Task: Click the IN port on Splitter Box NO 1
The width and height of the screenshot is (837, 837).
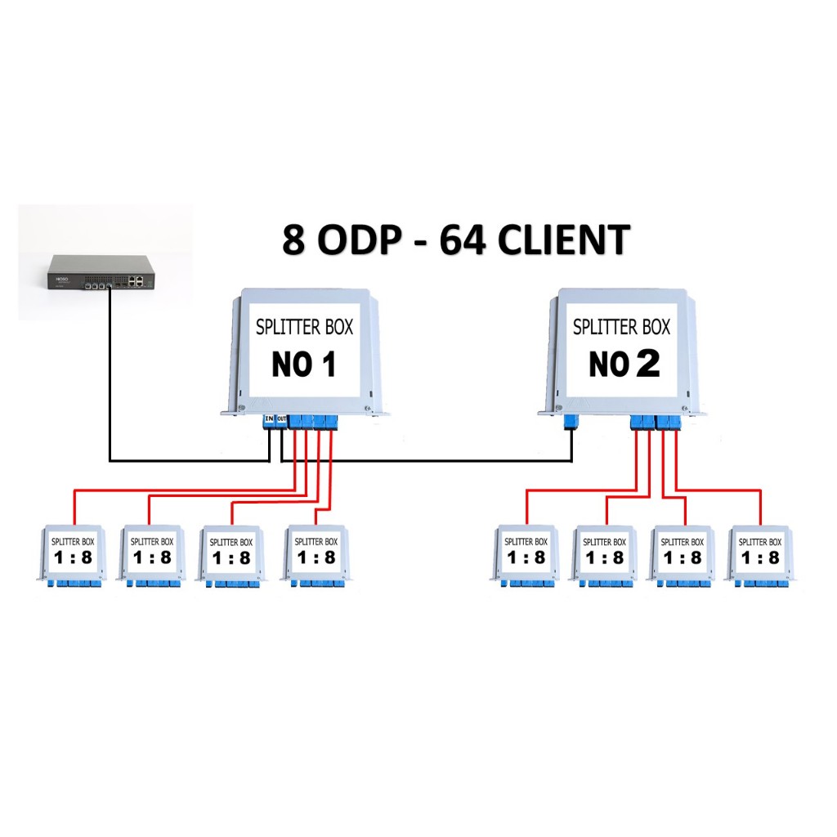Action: [269, 420]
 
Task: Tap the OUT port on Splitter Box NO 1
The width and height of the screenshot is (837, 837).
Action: [281, 420]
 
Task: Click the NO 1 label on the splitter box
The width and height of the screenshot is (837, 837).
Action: [304, 365]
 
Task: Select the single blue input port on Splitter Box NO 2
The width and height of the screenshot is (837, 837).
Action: [571, 422]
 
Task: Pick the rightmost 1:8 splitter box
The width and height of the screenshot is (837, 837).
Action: [761, 553]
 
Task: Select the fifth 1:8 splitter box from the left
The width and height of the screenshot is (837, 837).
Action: [526, 553]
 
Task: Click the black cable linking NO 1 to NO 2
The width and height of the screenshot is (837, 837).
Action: [425, 461]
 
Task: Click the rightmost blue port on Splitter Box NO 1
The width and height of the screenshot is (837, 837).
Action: [332, 421]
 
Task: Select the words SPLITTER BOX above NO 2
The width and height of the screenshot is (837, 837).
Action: [621, 327]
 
